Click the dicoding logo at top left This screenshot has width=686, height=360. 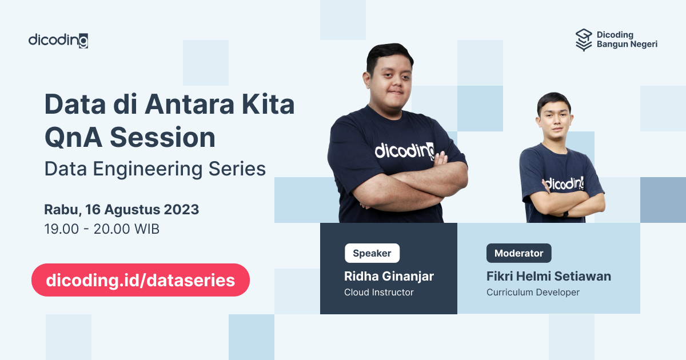pos(58,41)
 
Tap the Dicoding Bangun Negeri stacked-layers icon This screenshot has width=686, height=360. pos(584,40)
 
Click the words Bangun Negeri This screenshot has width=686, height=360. pos(627,45)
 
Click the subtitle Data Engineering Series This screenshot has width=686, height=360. pos(155,169)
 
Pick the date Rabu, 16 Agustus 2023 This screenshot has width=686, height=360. pos(122,209)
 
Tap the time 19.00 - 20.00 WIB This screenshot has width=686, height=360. pos(102,229)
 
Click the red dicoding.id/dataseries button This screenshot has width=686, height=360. pos(140,280)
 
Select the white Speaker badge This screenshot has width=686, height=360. pos(372,253)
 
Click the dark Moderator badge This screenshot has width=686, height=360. pos(519,253)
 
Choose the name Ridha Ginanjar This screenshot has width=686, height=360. pos(389,277)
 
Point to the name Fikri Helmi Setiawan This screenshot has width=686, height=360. pos(548,277)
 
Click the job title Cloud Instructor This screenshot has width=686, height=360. pos(378,293)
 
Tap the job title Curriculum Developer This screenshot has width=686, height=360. pos(533,293)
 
